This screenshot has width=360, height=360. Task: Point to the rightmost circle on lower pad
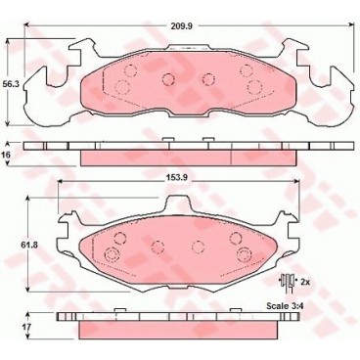click(244, 255)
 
